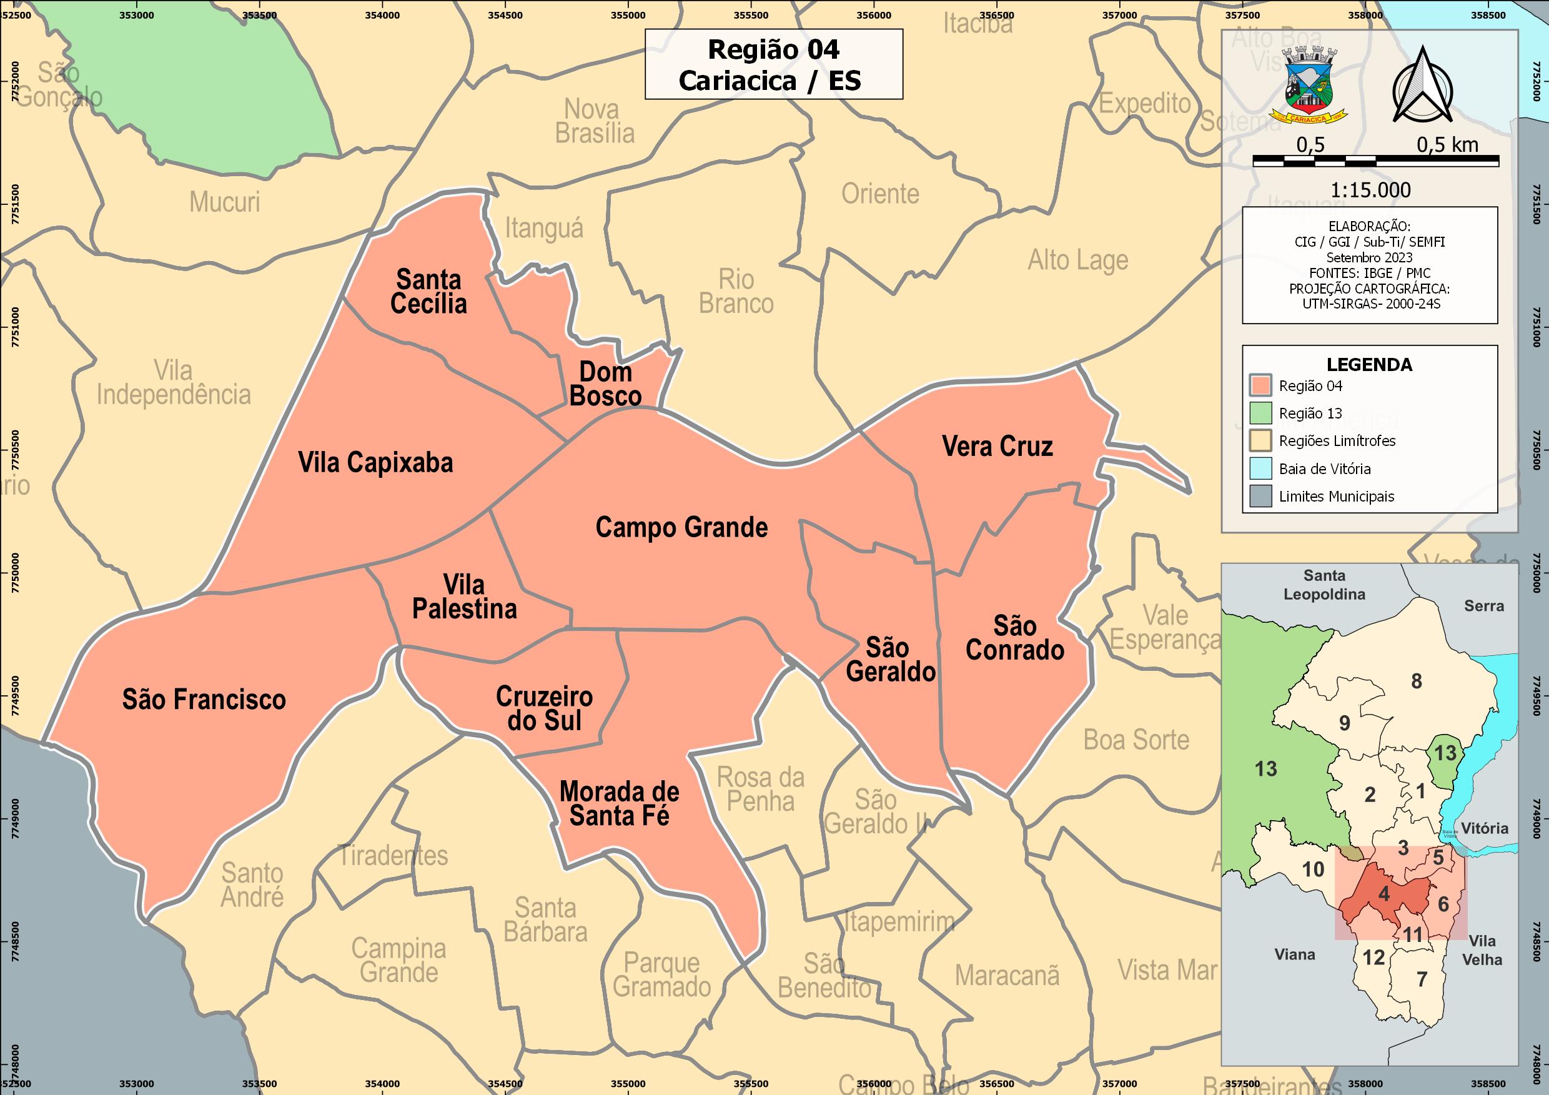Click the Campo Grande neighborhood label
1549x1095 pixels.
coord(681,528)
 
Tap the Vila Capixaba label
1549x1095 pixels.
coord(376,463)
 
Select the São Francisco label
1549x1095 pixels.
coord(204,700)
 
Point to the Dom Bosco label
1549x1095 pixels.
coord(605,384)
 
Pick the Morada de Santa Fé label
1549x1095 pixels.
coord(620,803)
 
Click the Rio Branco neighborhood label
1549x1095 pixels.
coord(736,292)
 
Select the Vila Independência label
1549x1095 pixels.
coord(174,382)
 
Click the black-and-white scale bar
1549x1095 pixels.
coord(1375,161)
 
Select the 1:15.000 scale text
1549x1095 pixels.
coord(1370,191)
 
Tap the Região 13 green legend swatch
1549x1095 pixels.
coord(1260,413)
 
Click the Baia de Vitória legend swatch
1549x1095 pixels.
coord(1260,468)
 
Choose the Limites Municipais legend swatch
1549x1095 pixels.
coord(1260,496)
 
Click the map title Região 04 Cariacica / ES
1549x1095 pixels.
coord(773,65)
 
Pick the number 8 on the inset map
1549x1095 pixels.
coord(1417,681)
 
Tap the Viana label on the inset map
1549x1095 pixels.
coord(1295,954)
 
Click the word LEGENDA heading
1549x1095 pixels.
coord(1369,365)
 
